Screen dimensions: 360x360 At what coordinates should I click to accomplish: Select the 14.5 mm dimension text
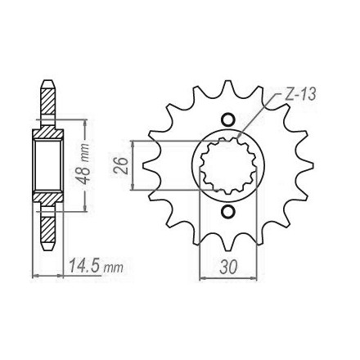pyautogui.click(x=96, y=266)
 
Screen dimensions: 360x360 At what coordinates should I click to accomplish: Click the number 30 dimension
pyautogui.click(x=228, y=268)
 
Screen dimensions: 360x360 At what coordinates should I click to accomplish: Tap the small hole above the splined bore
pyautogui.click(x=227, y=119)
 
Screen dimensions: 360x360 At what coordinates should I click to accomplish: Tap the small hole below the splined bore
pyautogui.click(x=227, y=212)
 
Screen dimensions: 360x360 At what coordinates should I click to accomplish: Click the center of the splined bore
pyautogui.click(x=228, y=165)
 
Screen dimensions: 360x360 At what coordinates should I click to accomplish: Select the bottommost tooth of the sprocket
pyautogui.click(x=227, y=243)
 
